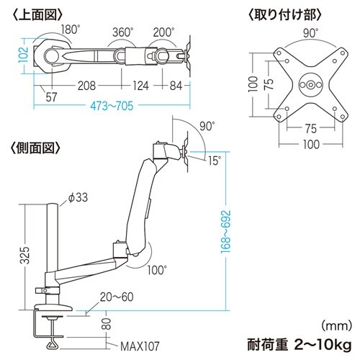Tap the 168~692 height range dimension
[227, 229]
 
